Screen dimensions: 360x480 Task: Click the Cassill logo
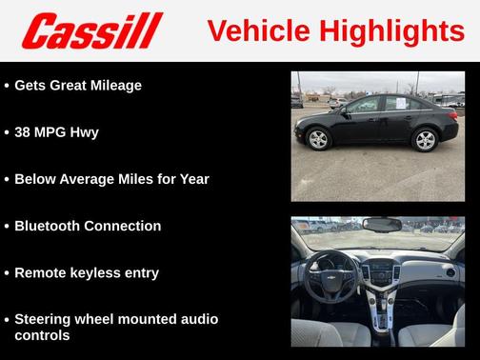click(x=92, y=30)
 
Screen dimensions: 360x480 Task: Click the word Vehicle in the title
click(x=252, y=30)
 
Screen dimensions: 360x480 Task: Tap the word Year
click(x=190, y=178)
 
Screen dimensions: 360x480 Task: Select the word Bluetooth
click(x=50, y=226)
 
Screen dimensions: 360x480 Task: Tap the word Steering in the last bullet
click(x=46, y=319)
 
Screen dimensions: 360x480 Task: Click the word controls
click(x=42, y=335)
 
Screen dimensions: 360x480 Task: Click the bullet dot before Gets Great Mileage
click(x=7, y=86)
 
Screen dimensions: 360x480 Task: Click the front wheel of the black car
click(x=318, y=140)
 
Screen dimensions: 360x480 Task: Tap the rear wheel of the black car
click(x=425, y=140)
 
